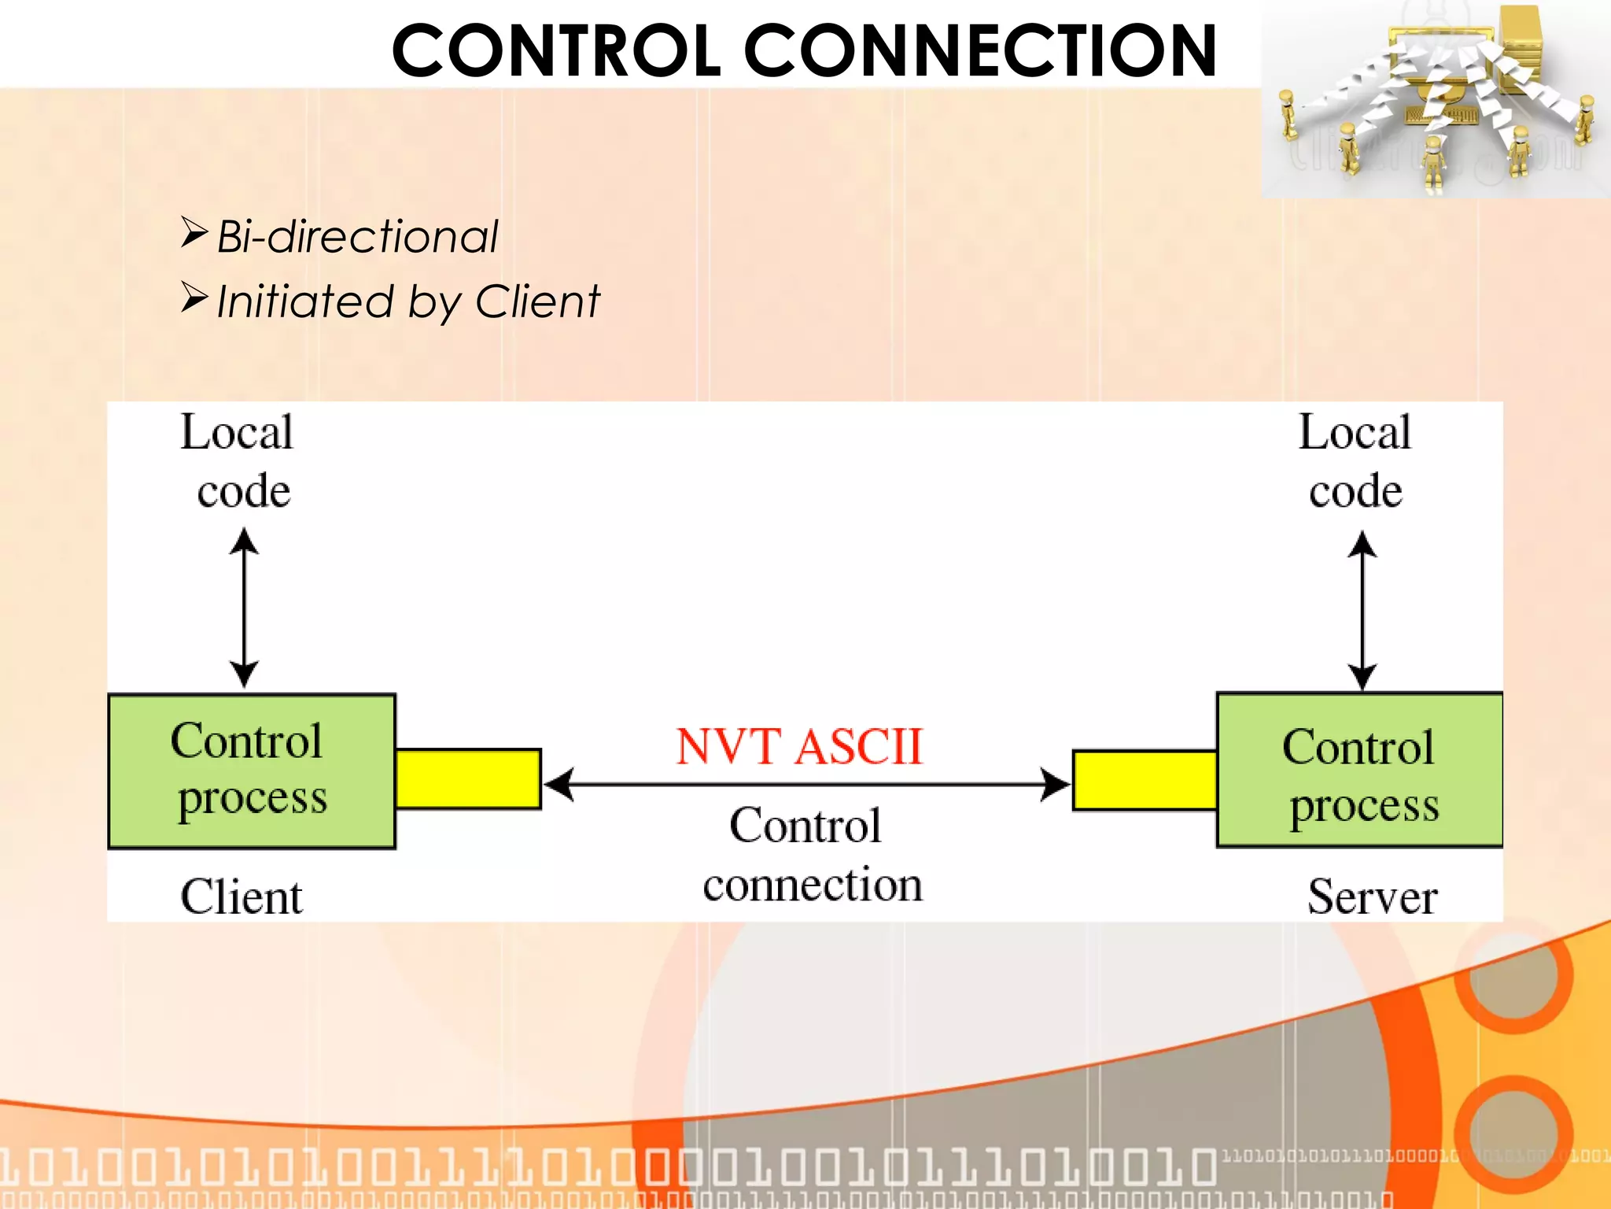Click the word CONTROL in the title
tap(555, 51)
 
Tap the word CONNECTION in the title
tap(980, 51)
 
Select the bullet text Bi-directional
tap(357, 236)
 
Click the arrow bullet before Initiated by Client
tap(194, 298)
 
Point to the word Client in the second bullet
tap(537, 301)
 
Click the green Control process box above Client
tap(251, 771)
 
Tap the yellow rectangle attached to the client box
tap(468, 778)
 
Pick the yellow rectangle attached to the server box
tap(1145, 780)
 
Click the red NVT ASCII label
tap(798, 746)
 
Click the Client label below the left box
tap(241, 897)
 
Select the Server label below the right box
tap(1372, 897)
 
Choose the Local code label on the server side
tap(1355, 461)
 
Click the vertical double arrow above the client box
tap(244, 608)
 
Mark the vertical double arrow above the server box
tap(1362, 611)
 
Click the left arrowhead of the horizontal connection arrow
tap(559, 784)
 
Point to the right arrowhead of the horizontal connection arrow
tap(1055, 784)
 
